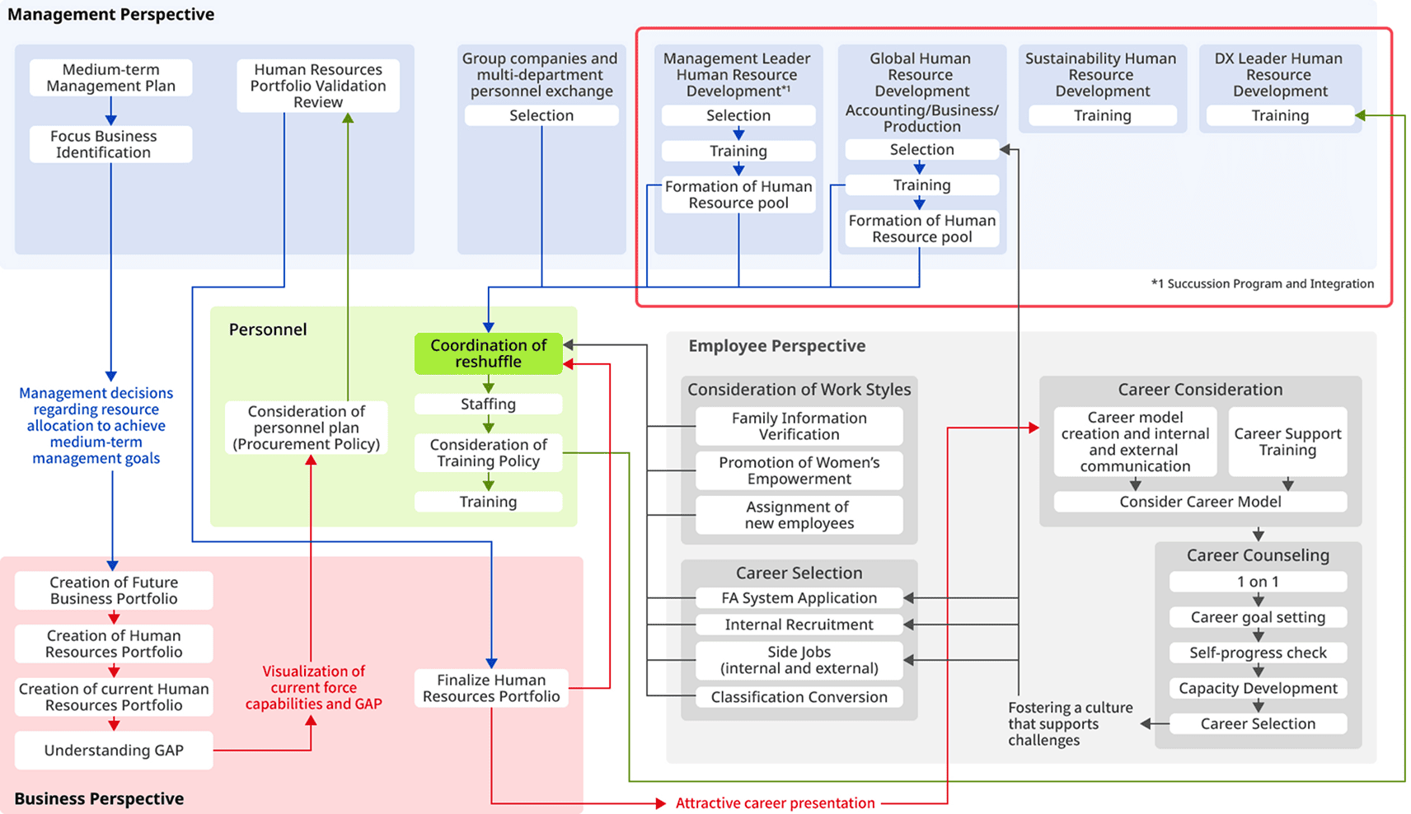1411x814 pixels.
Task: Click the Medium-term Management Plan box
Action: click(x=110, y=77)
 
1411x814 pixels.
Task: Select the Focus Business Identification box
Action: click(x=110, y=144)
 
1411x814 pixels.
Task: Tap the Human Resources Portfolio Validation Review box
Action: click(x=318, y=86)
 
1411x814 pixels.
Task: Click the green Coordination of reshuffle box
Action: click(x=488, y=353)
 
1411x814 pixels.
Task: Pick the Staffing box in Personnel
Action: click(x=488, y=404)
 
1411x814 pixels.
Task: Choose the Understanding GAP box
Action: click(x=114, y=750)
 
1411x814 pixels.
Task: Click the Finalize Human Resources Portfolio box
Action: click(x=491, y=688)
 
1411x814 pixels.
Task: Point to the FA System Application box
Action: click(x=799, y=598)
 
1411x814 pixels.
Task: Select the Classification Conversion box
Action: click(x=799, y=697)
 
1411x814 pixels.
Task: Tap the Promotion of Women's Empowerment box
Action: click(x=799, y=470)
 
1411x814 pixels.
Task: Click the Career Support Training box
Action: click(x=1287, y=442)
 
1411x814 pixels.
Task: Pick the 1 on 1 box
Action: click(x=1258, y=582)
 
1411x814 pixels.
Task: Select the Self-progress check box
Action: click(x=1258, y=653)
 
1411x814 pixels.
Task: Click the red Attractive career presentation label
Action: click(x=775, y=802)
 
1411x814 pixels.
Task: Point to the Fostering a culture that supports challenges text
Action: click(x=1070, y=723)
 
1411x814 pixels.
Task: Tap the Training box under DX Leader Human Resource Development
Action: click(x=1279, y=115)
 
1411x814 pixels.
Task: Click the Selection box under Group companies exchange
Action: click(x=541, y=115)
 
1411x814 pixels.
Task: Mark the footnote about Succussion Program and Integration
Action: click(x=1262, y=283)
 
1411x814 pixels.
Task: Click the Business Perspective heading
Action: click(x=99, y=798)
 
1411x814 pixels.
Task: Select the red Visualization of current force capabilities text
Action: click(x=313, y=687)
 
